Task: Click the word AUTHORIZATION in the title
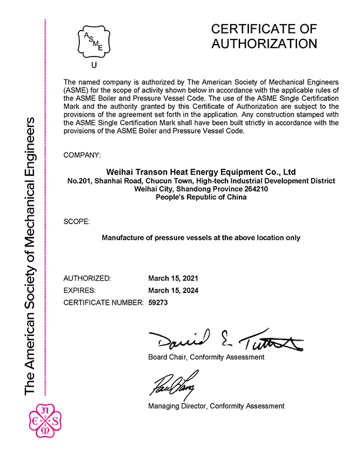click(264, 44)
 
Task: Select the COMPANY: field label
click(82, 155)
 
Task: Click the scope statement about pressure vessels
click(201, 238)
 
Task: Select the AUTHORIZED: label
click(86, 277)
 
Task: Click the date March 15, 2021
click(174, 277)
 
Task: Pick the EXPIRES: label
click(79, 290)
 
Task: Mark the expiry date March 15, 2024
click(174, 290)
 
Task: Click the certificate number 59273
click(159, 302)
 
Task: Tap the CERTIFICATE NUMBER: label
click(103, 302)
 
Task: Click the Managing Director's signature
click(174, 385)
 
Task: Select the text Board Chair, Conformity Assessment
click(206, 357)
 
